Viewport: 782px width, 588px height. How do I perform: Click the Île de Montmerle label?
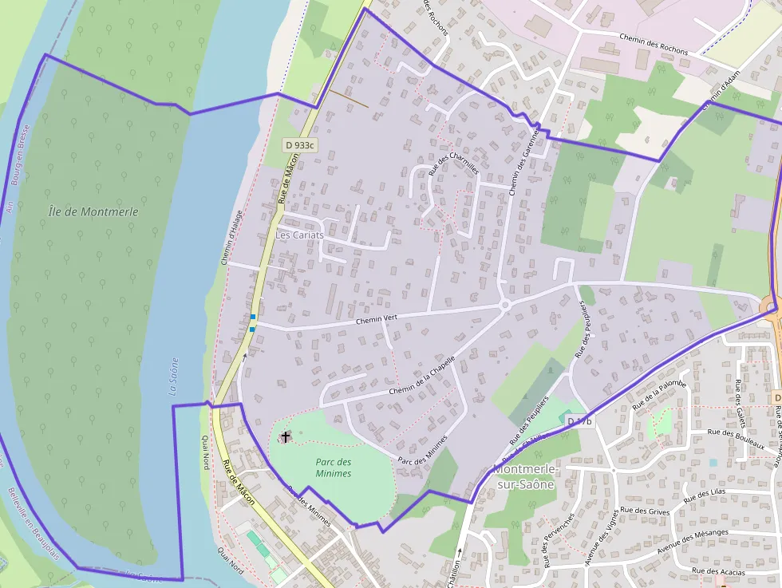93,211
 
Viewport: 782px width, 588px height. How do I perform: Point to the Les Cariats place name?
299,235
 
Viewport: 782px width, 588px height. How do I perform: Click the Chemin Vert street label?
377,319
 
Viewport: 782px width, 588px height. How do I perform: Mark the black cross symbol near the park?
286,437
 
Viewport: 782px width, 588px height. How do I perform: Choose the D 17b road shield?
580,420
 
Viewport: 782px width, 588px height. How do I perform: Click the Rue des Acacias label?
718,571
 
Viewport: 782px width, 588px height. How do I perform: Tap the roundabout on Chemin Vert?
504,304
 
